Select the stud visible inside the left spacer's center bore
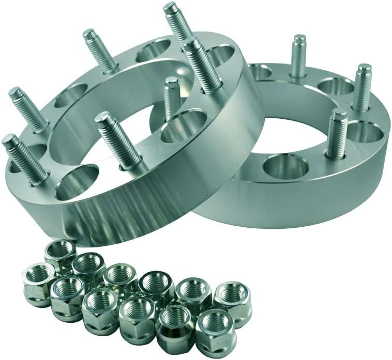click(x=172, y=98)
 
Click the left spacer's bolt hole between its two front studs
click(x=78, y=181)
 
